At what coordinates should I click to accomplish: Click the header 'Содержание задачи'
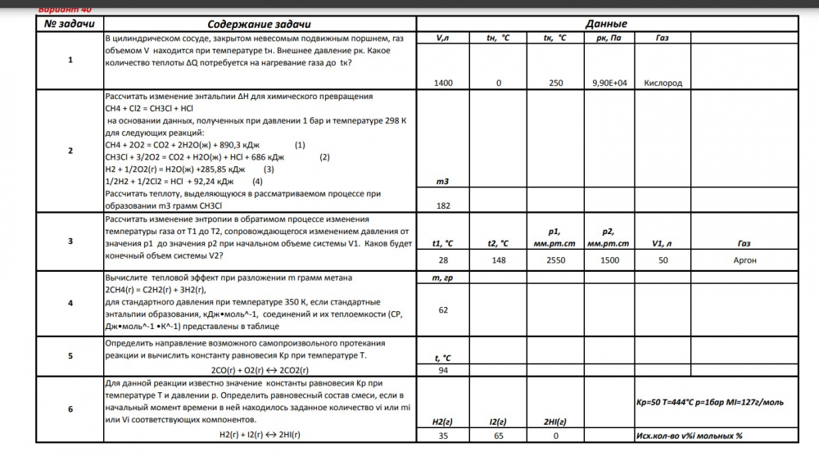259,25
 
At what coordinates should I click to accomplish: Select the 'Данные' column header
607,25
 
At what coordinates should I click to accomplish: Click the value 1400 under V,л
444,83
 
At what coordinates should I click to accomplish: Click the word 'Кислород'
663,83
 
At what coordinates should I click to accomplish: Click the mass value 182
444,205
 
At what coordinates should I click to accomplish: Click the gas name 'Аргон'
744,260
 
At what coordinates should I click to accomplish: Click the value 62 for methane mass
444,310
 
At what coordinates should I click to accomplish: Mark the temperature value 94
444,371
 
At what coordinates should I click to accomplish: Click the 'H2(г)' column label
444,422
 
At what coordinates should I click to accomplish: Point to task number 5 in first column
70,356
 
